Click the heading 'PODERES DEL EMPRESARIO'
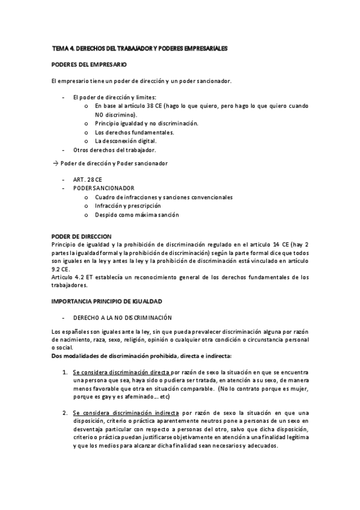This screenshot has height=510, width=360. tap(89, 64)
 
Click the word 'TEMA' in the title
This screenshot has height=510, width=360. tap(61, 47)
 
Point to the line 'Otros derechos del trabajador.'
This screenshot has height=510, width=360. tap(114, 149)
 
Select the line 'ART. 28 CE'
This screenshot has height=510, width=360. tap(87, 179)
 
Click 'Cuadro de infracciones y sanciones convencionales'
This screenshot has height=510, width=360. tap(163, 197)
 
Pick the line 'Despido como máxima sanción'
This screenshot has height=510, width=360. tap(136, 215)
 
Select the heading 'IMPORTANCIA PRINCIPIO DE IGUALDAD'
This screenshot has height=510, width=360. tap(107, 300)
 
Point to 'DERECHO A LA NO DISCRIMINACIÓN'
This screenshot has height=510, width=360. tap(122, 316)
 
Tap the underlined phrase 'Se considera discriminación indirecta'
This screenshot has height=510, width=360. tap(125, 413)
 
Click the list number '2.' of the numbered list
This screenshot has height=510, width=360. tap(65, 413)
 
